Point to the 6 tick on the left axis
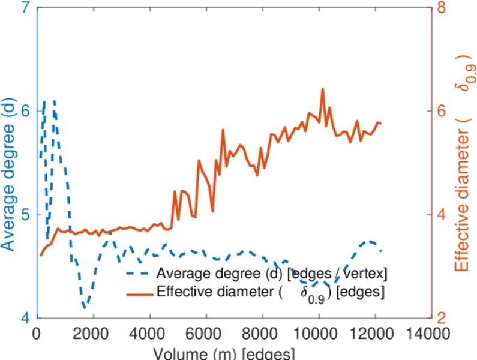26,112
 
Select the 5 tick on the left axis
26,215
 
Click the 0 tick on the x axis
37,334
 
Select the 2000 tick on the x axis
93,334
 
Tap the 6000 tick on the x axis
205,334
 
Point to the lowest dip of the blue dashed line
85,307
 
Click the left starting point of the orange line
41,255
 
